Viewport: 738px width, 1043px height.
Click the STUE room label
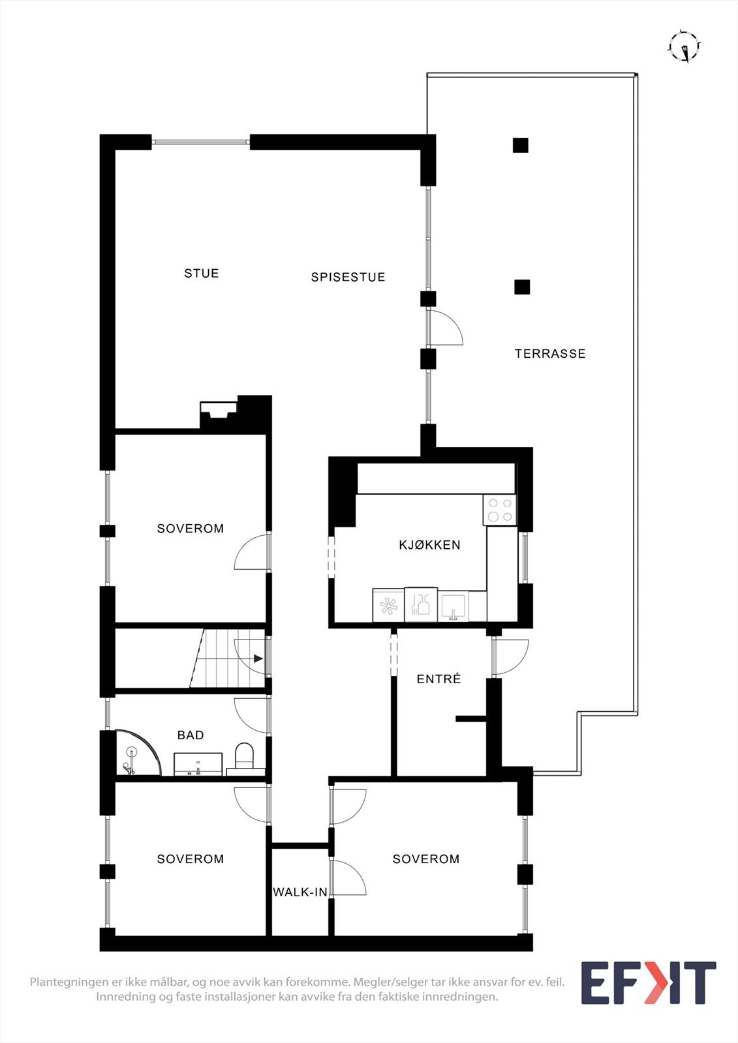click(201, 273)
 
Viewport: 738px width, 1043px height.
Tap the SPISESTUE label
click(348, 277)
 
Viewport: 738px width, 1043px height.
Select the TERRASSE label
click(550, 353)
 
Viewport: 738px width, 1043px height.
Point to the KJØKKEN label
click(429, 545)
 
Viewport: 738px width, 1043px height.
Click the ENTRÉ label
click(438, 679)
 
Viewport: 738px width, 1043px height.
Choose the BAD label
click(191, 735)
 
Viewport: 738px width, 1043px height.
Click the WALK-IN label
click(300, 892)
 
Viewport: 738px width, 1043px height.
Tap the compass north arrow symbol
click(684, 47)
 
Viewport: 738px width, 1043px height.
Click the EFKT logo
click(648, 983)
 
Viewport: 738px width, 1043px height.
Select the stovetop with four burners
click(500, 510)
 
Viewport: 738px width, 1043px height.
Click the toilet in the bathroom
click(244, 756)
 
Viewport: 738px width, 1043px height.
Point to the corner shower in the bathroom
click(135, 755)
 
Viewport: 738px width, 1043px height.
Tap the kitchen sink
click(454, 606)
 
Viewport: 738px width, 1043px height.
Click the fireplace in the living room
click(218, 415)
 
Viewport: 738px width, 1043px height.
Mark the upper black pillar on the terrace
click(520, 145)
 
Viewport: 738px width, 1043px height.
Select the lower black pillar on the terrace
click(522, 287)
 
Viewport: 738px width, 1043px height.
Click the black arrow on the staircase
click(258, 658)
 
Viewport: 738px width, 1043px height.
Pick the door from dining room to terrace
click(444, 328)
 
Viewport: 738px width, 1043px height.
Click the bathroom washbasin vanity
click(198, 764)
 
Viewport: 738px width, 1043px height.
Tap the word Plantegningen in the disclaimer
click(67, 982)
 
